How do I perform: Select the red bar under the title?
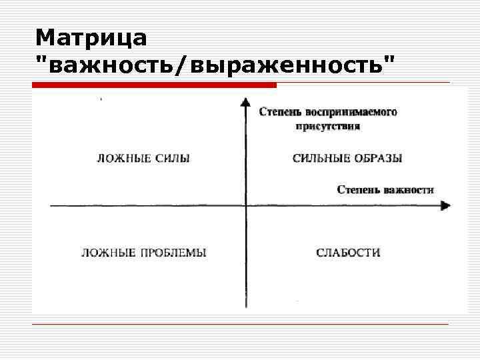pyautogui.click(x=154, y=85)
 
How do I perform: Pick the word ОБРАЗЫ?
pyautogui.click(x=379, y=159)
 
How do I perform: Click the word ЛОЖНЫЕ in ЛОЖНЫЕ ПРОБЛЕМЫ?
pyautogui.click(x=103, y=253)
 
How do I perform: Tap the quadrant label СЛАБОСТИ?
pyautogui.click(x=348, y=253)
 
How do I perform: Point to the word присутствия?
pyautogui.click(x=330, y=125)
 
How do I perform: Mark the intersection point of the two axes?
pyautogui.click(x=246, y=205)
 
